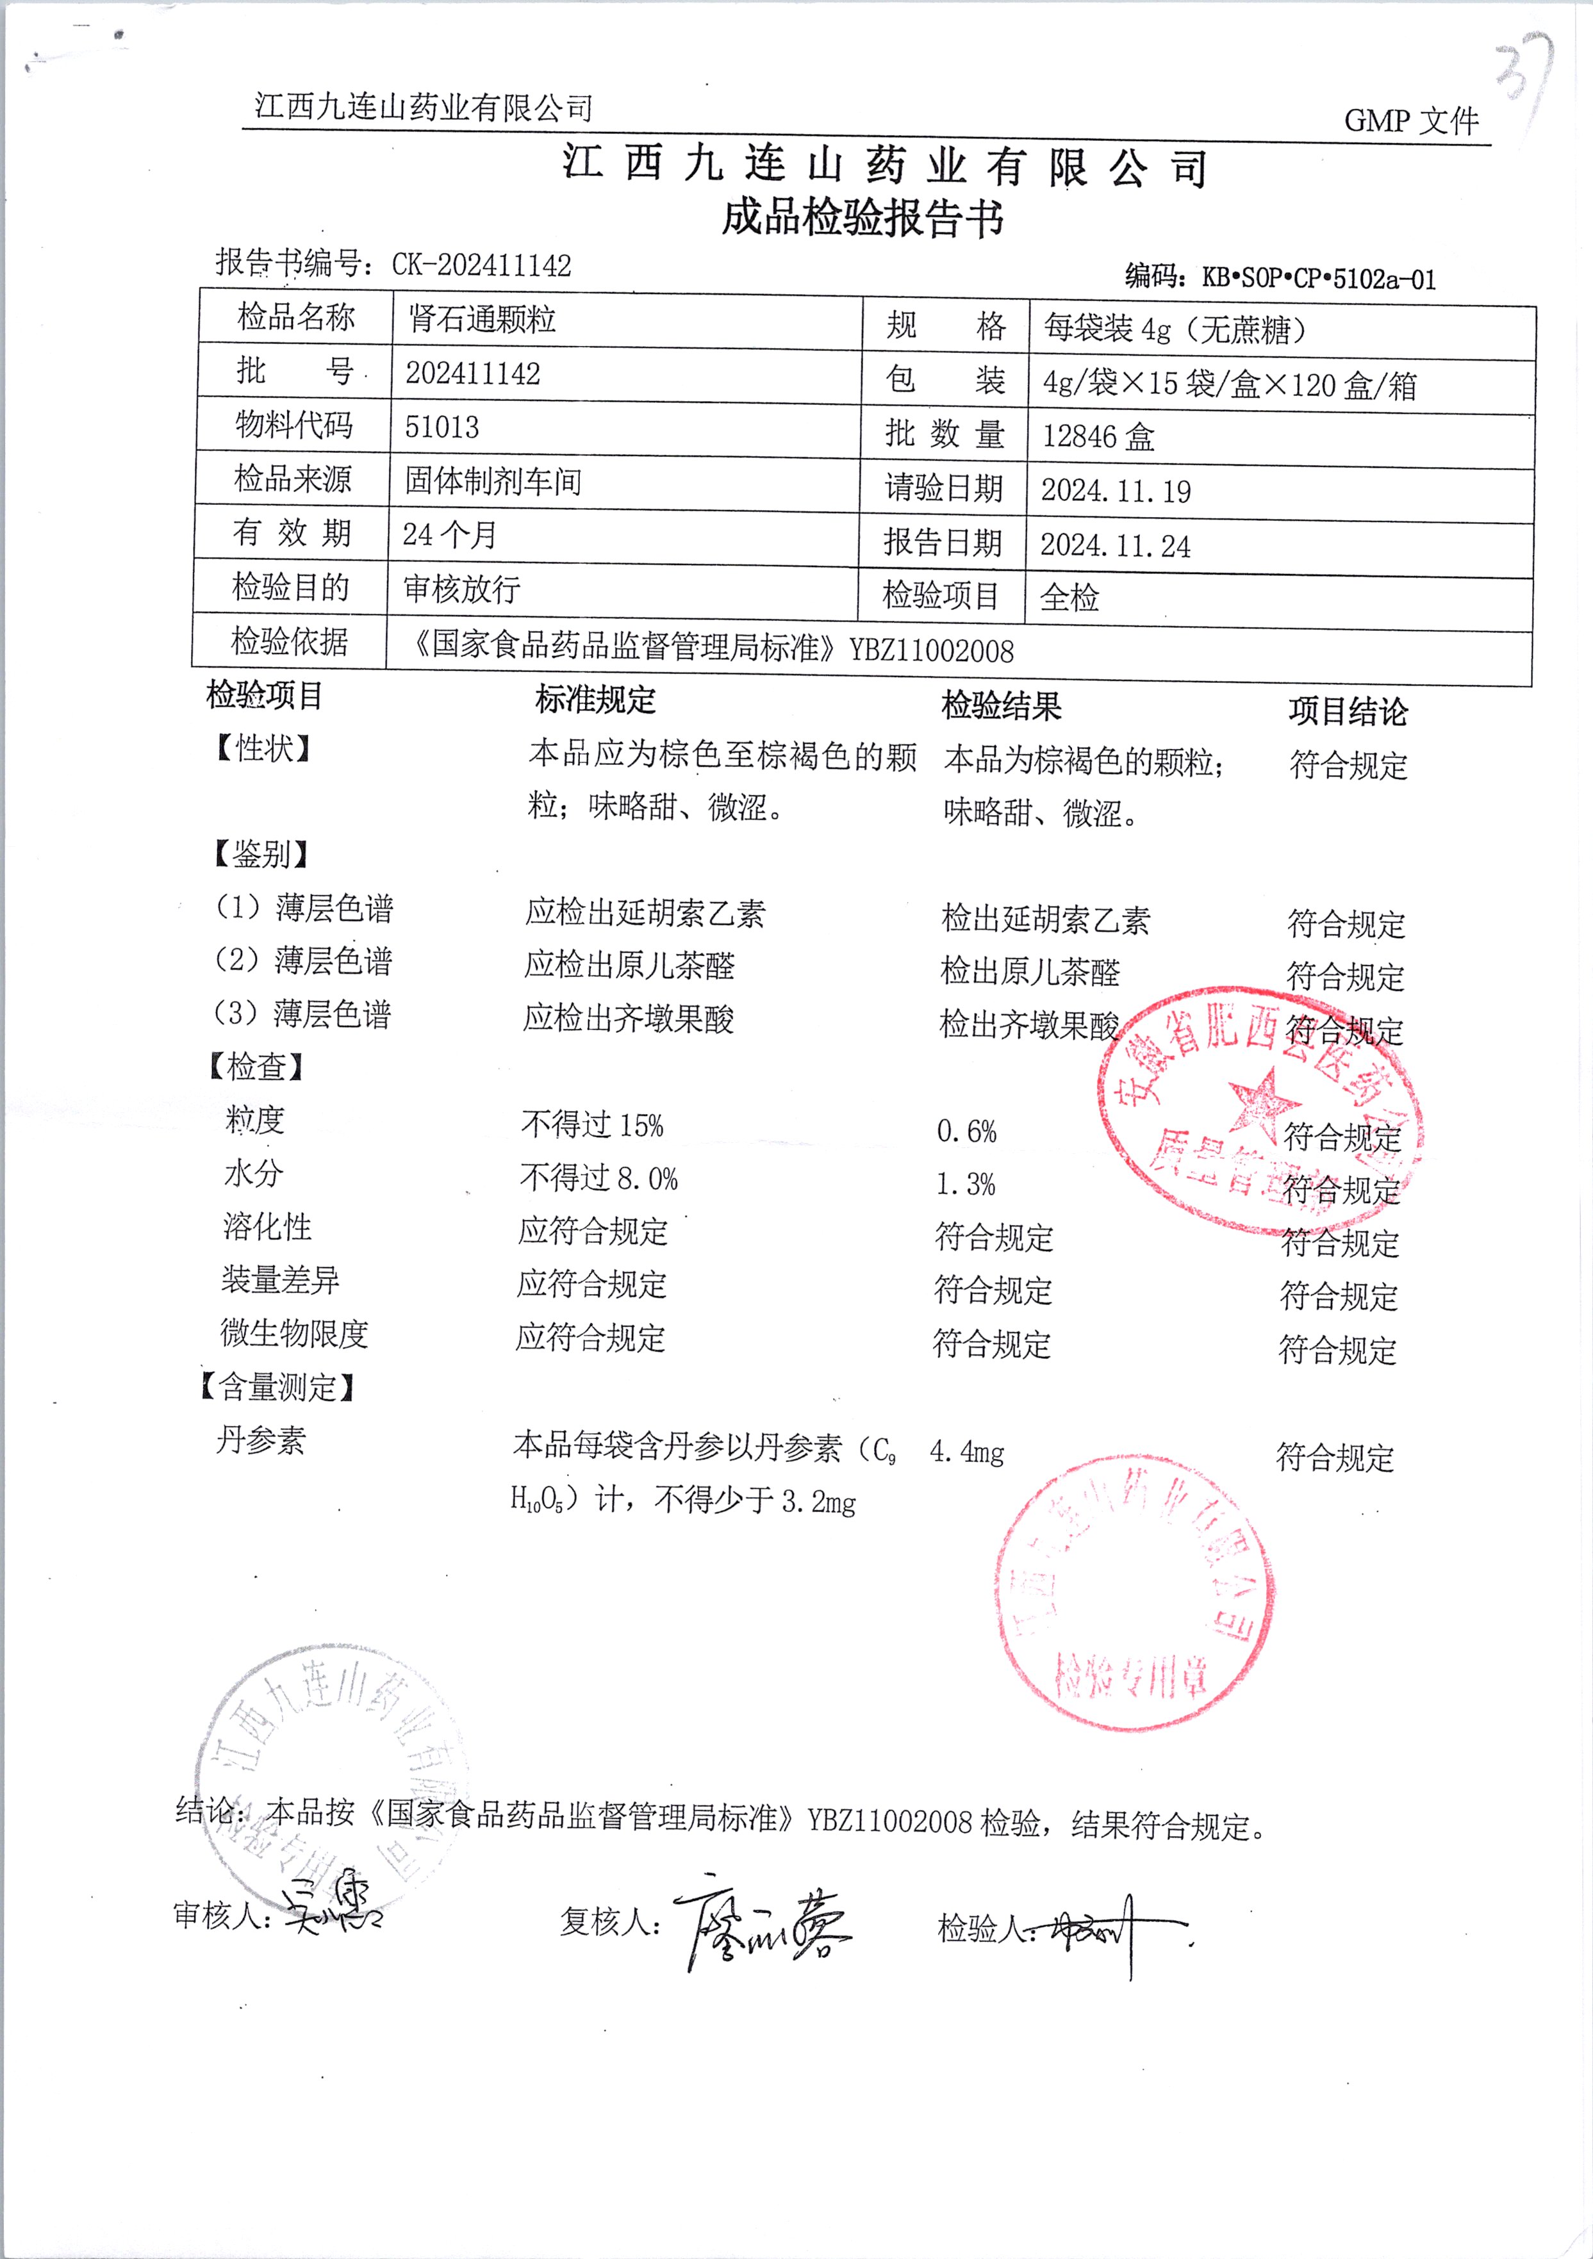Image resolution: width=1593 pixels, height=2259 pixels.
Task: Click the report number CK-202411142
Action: (481, 265)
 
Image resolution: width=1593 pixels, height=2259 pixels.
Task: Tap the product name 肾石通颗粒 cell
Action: (482, 319)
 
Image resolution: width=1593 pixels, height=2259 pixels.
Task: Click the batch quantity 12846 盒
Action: (1098, 436)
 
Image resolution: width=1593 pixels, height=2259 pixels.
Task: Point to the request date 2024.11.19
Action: (1116, 490)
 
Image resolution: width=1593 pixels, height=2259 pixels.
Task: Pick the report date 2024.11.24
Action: (1115, 545)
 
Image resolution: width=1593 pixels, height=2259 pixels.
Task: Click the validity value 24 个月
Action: (450, 534)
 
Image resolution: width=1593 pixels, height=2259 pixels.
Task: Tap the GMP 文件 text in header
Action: (1411, 121)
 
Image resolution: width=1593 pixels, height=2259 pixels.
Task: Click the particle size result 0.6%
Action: (966, 1131)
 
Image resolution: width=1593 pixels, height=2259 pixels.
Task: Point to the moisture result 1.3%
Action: (965, 1185)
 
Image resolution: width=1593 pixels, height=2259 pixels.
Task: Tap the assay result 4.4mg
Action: (966, 1452)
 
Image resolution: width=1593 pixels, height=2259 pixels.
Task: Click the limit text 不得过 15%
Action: (592, 1124)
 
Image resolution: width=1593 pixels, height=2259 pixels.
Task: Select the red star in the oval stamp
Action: (1264, 1100)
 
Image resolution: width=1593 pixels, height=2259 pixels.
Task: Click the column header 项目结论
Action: (1348, 711)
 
